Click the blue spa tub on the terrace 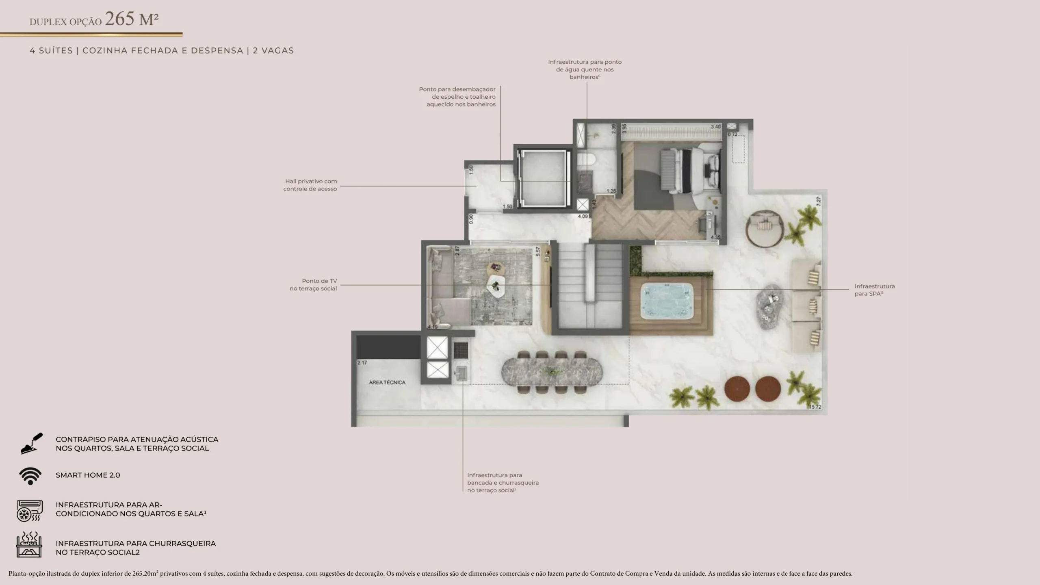[667, 301]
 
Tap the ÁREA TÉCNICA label [387, 382]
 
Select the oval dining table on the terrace [552, 371]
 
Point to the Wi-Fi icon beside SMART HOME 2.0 [30, 476]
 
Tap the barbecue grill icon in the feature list [29, 544]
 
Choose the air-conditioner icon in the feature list [29, 511]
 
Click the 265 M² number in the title [132, 19]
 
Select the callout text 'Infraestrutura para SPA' [875, 290]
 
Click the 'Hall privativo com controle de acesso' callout [310, 185]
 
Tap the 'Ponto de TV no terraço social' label [313, 285]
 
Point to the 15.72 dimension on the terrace [815, 407]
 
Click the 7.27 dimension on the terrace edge [818, 201]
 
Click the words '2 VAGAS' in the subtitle [273, 51]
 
